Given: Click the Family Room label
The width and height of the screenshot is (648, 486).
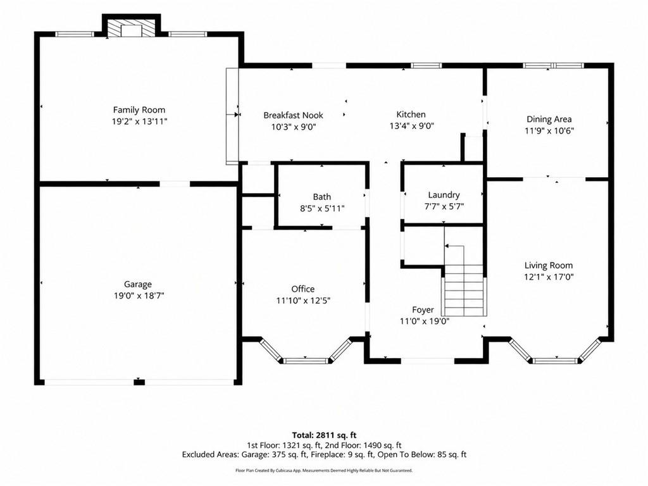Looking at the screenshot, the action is [139, 110].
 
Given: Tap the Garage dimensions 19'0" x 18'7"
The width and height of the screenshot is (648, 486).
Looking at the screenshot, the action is [139, 296].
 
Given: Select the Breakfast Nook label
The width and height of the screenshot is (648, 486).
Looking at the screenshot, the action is [294, 115].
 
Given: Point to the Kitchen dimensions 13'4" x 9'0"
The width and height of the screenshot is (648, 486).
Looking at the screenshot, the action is [411, 126].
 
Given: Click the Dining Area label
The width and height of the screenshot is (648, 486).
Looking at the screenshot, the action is [549, 120].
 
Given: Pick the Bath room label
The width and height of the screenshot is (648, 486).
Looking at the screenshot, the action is [322, 197].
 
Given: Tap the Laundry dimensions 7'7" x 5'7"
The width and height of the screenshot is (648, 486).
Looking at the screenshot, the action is [444, 207].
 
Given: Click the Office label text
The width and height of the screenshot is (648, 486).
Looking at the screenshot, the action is [303, 289].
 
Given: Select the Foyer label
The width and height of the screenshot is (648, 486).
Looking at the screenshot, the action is [423, 310].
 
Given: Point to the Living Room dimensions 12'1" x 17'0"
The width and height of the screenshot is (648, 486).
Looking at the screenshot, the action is [549, 277].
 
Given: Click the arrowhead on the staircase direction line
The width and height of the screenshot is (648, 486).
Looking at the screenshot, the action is [447, 246].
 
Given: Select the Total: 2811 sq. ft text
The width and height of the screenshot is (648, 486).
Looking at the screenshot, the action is [325, 435].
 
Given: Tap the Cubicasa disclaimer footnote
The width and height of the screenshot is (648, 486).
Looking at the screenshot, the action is [324, 471].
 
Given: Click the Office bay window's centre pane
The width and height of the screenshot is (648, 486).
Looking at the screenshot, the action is [306, 361].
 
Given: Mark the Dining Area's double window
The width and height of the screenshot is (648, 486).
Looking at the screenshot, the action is [553, 65].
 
